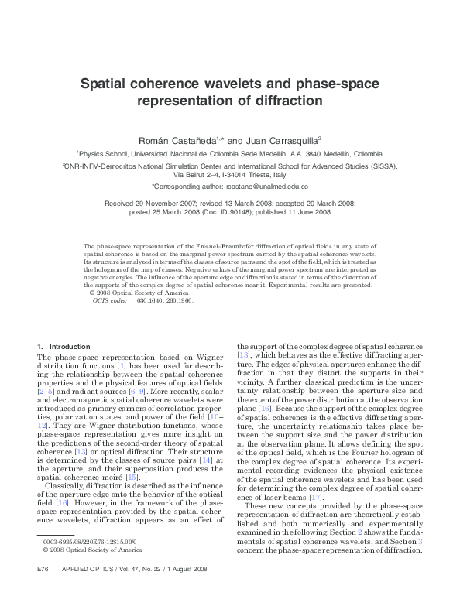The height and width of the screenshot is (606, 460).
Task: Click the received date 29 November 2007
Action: pyautogui.click(x=169, y=202)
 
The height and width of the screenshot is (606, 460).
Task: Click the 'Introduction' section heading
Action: pyautogui.click(x=69, y=346)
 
